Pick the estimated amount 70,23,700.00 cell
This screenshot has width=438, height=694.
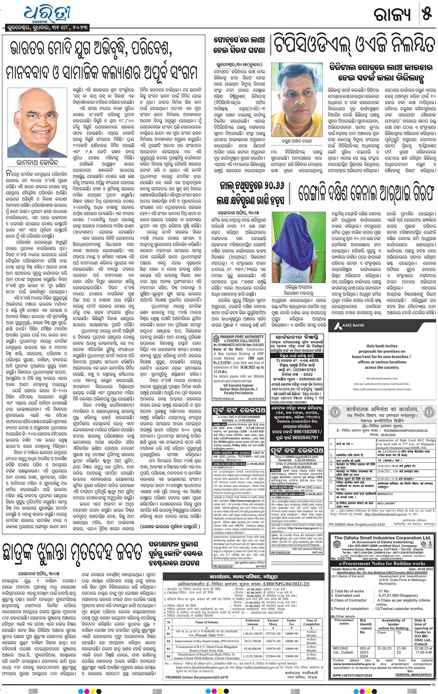tap(253, 641)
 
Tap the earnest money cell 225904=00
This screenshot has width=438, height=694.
tap(273, 656)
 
